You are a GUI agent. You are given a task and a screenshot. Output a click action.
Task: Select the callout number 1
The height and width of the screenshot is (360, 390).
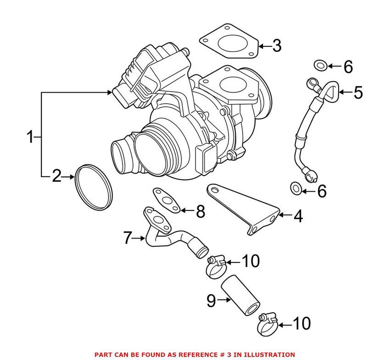pos(30,137)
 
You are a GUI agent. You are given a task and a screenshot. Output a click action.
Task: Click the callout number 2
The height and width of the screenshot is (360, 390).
pos(56,176)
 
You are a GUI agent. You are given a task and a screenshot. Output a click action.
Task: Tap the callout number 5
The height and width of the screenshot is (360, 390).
pos(357,93)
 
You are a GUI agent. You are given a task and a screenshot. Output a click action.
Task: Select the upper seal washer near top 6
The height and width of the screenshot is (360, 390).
pos(321,65)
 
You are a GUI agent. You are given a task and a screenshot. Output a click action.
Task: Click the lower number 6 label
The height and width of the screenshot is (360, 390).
pos(322,191)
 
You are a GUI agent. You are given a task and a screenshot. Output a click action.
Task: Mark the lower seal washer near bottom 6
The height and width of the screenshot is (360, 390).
pos(296,187)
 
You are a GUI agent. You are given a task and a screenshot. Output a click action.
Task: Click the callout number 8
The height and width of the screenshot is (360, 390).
pos(200,211)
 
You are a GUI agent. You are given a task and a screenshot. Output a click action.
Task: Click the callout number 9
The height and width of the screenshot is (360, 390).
pos(211,300)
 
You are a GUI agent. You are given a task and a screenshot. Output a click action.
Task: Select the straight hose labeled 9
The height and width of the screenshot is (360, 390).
pos(241,298)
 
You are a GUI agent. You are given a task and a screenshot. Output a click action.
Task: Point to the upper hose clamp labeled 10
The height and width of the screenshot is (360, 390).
pos(214,266)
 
